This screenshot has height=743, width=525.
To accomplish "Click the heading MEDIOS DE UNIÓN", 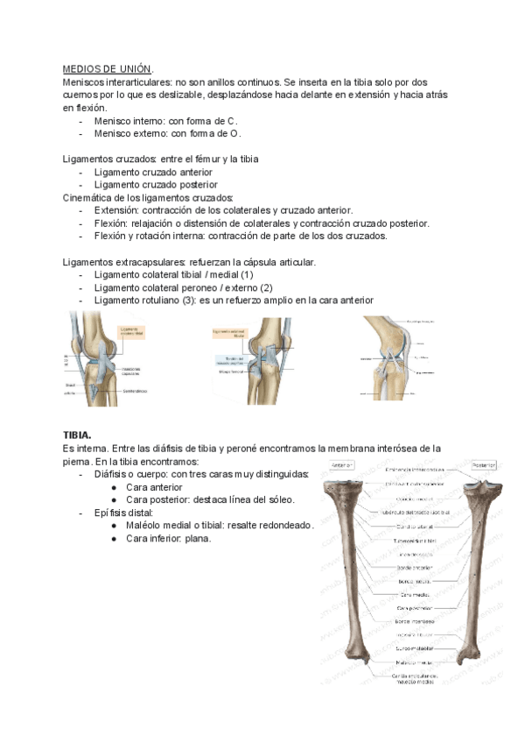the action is point(107,68).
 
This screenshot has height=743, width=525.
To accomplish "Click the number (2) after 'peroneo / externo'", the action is point(266,287).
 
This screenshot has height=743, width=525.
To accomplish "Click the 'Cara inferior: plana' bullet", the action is point(169,538).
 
